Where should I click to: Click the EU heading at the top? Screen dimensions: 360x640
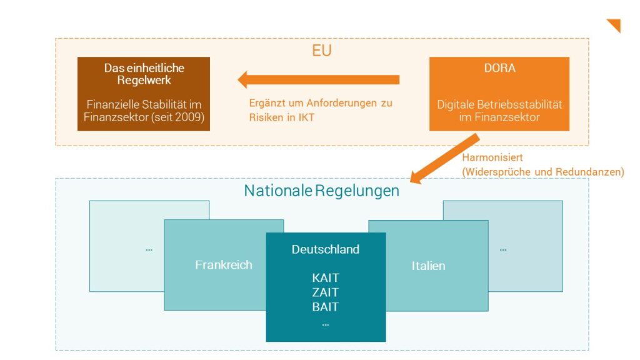point(322,50)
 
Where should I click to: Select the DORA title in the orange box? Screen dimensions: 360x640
point(499,67)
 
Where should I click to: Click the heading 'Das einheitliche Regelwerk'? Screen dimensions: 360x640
point(144,74)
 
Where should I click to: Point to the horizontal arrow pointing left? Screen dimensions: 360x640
point(319,79)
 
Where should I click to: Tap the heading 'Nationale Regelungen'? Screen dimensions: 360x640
point(321,191)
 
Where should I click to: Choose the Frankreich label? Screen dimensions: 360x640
point(224,264)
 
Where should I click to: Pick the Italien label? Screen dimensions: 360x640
point(428,266)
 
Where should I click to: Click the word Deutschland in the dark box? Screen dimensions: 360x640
point(326,249)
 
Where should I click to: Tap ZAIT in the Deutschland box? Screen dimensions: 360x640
point(326,292)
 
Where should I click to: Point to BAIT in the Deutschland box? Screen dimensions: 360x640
point(326,307)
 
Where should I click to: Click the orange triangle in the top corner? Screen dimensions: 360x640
point(614,25)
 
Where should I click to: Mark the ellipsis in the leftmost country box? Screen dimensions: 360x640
point(149,249)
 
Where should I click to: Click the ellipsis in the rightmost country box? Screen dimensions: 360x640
point(503,249)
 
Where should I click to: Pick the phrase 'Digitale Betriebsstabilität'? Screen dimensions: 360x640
point(499,104)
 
